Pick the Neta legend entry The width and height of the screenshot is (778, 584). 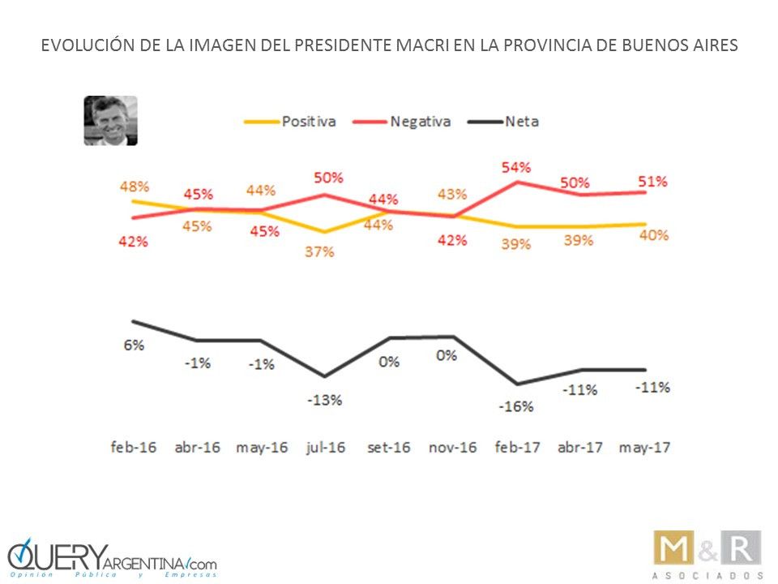[x=521, y=122]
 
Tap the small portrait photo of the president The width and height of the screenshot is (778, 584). [x=110, y=121]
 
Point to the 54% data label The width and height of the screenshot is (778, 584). [x=516, y=167]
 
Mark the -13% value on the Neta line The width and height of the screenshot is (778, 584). [x=324, y=400]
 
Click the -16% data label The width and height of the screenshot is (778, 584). [x=517, y=406]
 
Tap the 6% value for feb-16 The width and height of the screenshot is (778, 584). [x=135, y=345]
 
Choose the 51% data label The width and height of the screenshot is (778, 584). [x=652, y=181]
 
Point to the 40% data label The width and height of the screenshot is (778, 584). [x=652, y=235]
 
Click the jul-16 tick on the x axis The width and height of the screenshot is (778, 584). [x=325, y=447]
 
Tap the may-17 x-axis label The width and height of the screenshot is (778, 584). [x=645, y=447]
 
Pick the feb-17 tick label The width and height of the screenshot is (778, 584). [x=517, y=447]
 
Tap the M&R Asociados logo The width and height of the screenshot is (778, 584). [x=707, y=554]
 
